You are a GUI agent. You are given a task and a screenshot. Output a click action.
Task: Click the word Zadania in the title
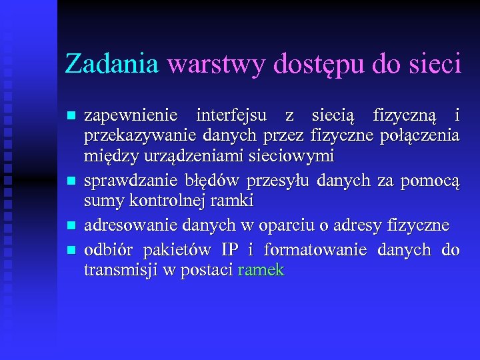(111, 64)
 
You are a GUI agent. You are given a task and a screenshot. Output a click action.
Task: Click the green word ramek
(261, 270)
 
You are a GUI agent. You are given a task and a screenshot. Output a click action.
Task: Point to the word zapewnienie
(131, 116)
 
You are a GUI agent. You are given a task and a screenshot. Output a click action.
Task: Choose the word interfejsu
(229, 116)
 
